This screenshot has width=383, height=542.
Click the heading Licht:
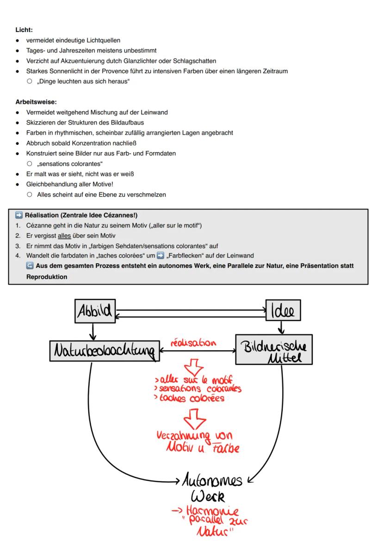point(24,30)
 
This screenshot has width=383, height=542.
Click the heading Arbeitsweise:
point(36,102)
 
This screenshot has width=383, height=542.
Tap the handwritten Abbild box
point(95,311)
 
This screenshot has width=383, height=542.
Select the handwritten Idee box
point(283,311)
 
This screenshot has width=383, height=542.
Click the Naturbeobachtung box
point(105,351)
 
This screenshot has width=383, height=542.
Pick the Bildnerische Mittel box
point(274,349)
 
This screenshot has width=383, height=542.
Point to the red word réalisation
point(193,343)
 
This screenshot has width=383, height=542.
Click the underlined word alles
point(64,236)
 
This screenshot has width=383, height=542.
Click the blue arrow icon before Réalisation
point(19,215)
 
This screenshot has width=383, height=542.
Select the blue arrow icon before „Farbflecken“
point(160,256)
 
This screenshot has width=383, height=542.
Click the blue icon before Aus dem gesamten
point(30,266)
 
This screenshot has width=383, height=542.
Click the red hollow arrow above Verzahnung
point(194,419)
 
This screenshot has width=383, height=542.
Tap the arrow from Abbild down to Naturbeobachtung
point(93,332)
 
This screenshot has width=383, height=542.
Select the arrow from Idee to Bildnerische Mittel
point(281,328)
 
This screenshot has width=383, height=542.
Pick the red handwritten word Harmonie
point(212,511)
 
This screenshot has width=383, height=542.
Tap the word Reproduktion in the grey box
point(47,277)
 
